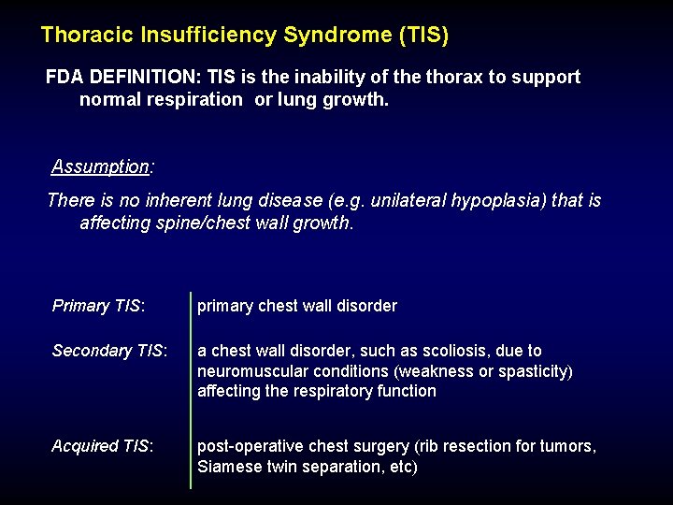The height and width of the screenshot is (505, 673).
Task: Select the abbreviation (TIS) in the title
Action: point(423,36)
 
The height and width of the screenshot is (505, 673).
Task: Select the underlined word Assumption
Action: point(100,167)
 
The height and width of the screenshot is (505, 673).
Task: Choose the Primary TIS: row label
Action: point(98,306)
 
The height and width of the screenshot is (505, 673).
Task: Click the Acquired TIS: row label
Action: point(103,446)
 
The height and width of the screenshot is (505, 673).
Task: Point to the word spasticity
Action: point(535,371)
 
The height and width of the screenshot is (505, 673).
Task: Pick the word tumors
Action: point(569,446)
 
